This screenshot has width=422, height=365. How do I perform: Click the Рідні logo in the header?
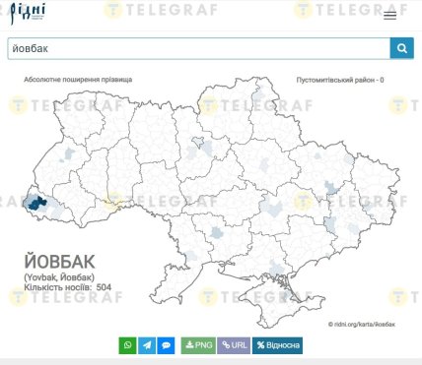click(x=28, y=15)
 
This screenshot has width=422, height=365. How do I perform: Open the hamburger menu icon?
click(x=390, y=15)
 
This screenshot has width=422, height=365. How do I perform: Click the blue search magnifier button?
click(x=401, y=48)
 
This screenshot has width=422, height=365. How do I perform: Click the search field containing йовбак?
click(x=197, y=48)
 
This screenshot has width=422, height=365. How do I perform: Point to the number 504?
click(x=105, y=287)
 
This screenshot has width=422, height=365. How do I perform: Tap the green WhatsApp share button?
click(x=127, y=345)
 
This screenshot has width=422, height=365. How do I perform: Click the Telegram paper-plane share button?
click(x=147, y=345)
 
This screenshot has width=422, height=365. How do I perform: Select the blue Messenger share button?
click(x=167, y=345)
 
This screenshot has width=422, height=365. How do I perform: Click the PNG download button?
click(x=197, y=345)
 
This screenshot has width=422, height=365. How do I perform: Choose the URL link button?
click(x=234, y=345)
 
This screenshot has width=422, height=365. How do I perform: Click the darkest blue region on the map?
click(x=37, y=202)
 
